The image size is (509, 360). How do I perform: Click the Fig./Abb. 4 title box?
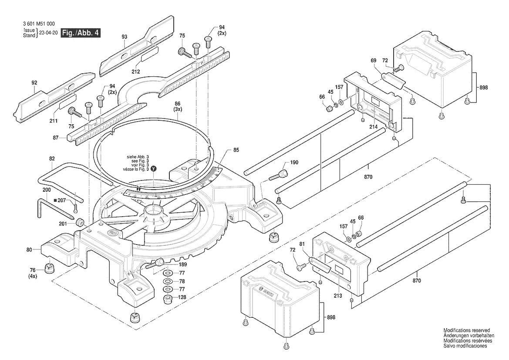click(x=81, y=33)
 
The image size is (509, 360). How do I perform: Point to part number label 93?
click(x=125, y=37)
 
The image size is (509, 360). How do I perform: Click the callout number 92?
click(x=34, y=83)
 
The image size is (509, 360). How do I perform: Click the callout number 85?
click(x=236, y=150)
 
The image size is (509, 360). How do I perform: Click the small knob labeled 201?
click(x=80, y=223)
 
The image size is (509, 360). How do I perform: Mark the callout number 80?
click(x=29, y=250)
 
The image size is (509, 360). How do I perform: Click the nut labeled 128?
click(x=167, y=299)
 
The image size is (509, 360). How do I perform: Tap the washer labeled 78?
click(x=167, y=281)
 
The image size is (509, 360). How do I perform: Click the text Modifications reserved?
click(x=466, y=330)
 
